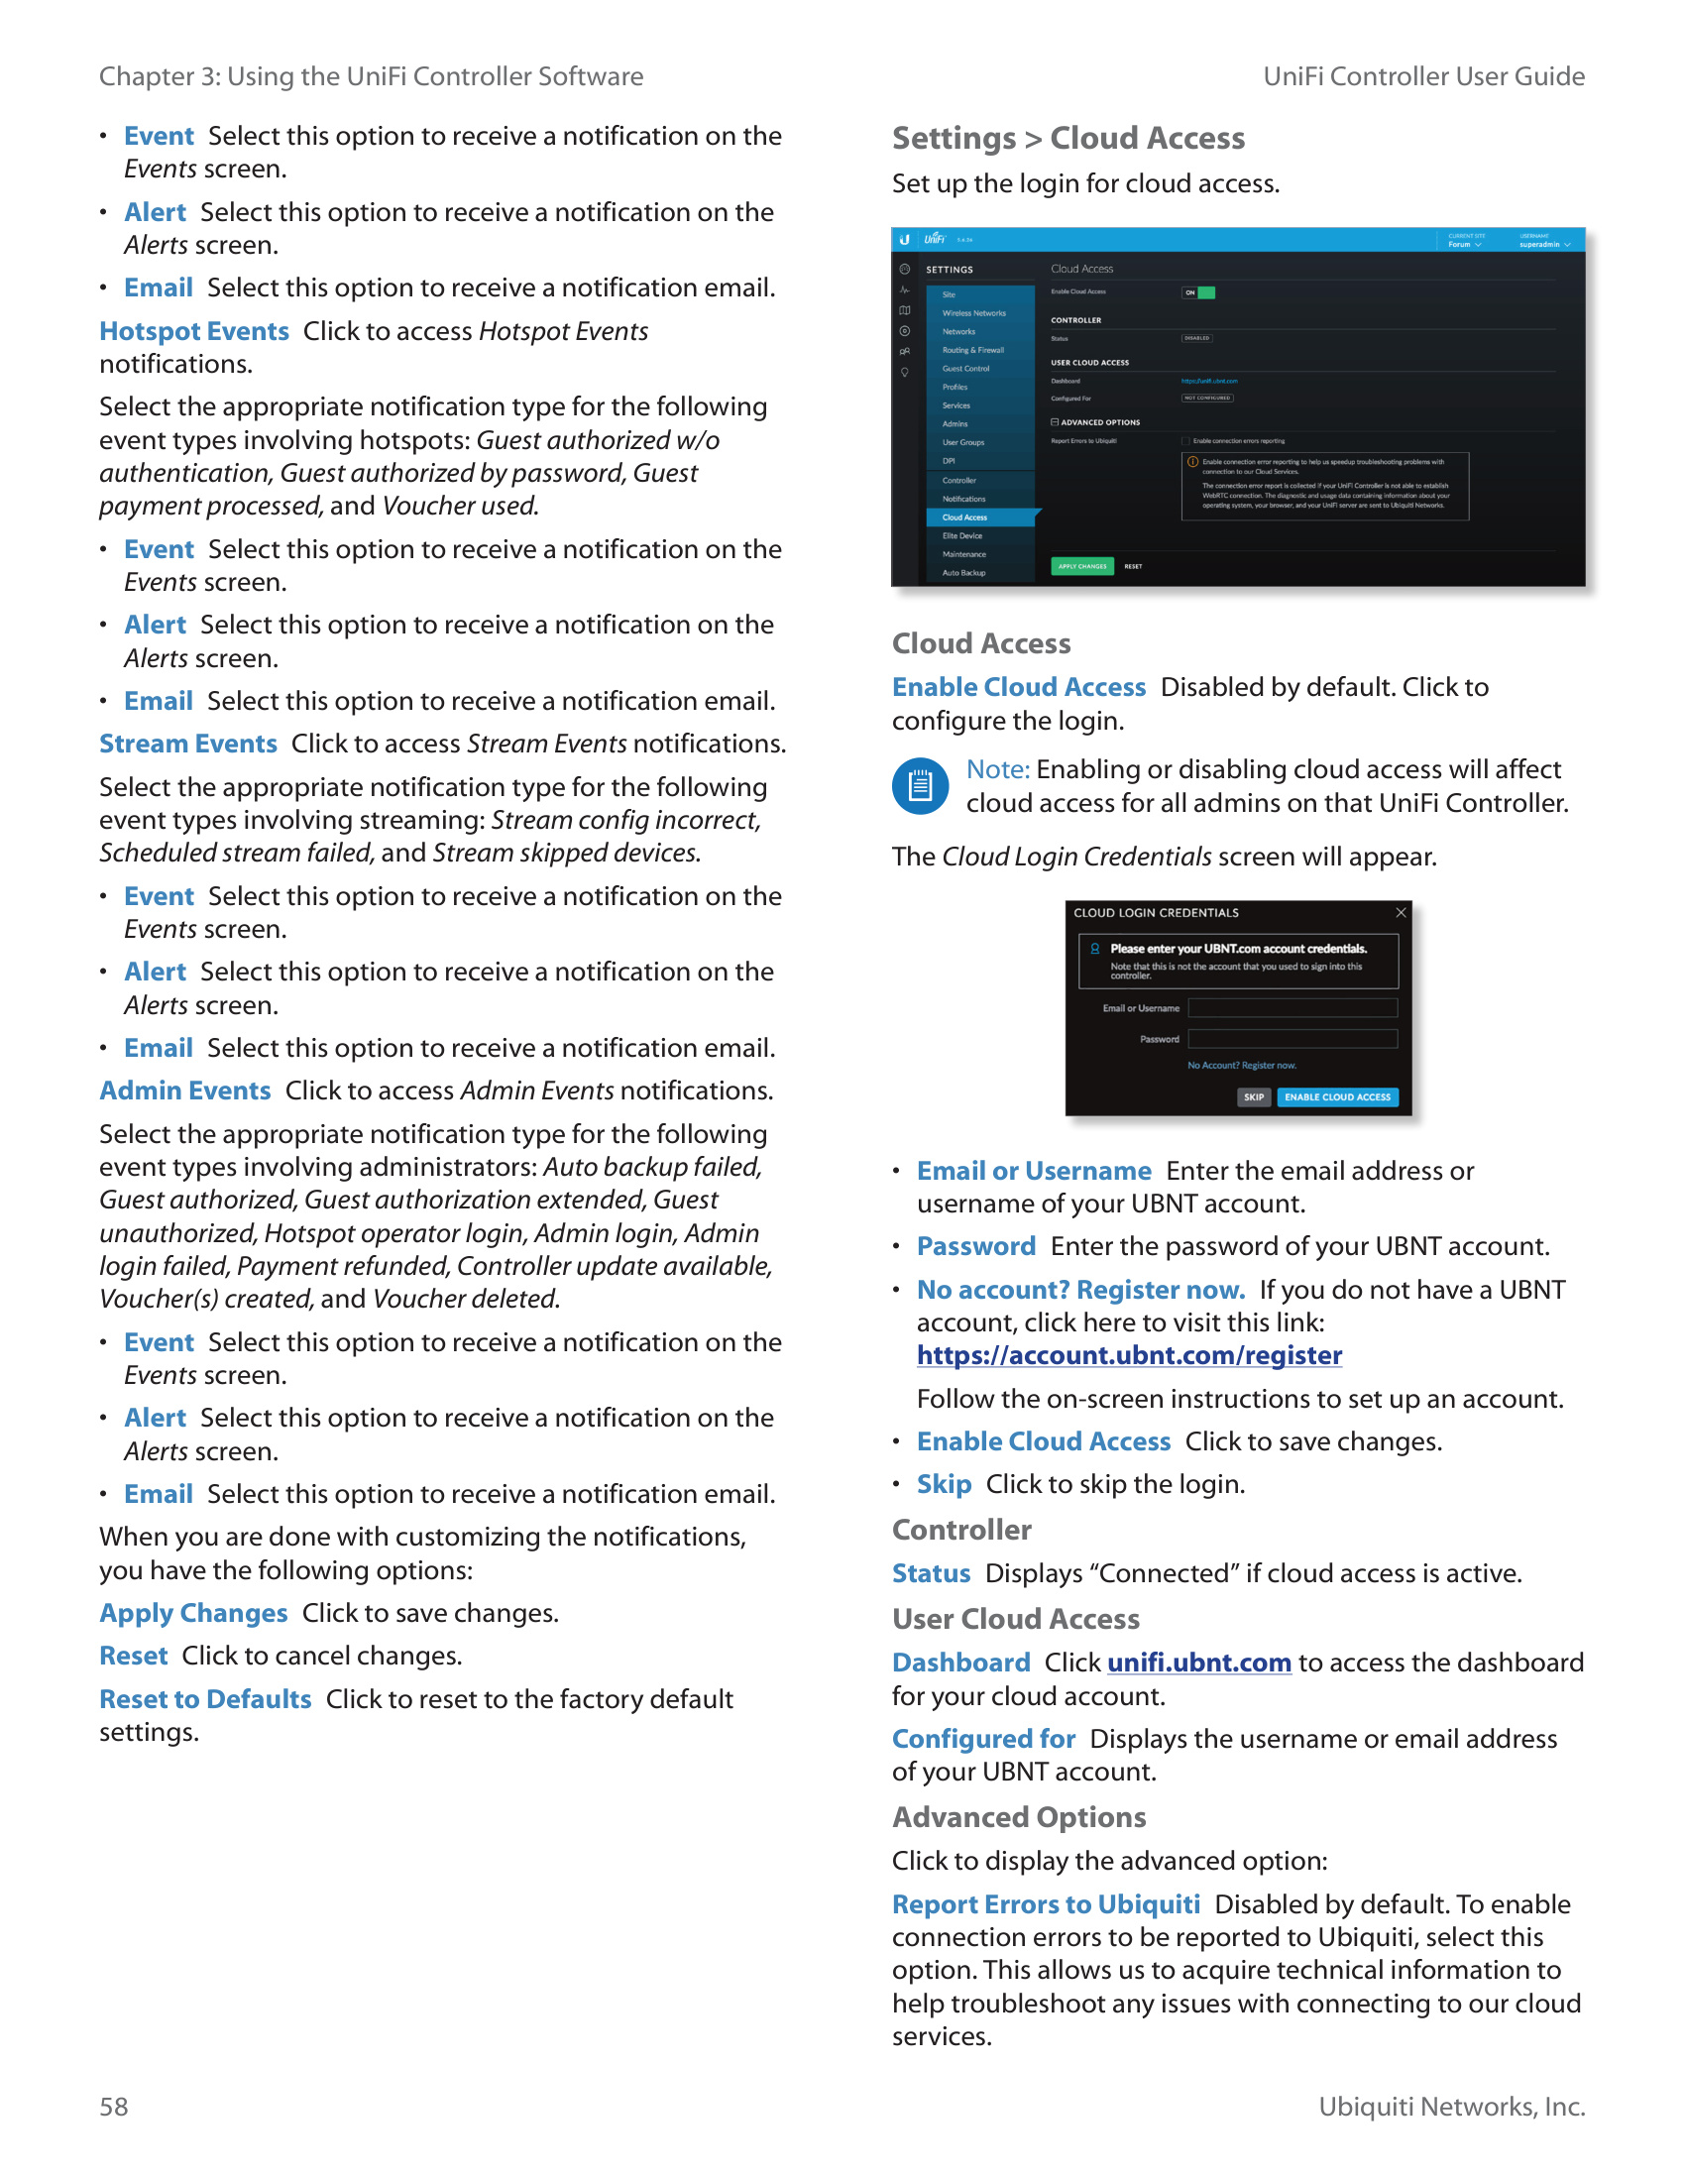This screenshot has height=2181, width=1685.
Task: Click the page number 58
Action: [x=114, y=2106]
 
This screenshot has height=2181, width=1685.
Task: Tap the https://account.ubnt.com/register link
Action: [x=1129, y=1355]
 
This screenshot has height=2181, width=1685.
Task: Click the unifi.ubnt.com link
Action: [x=1199, y=1663]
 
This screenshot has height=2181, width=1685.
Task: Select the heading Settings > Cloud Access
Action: [x=1068, y=138]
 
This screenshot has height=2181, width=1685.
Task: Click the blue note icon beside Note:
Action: [x=920, y=786]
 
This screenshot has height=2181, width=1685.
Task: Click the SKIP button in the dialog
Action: [x=1254, y=1097]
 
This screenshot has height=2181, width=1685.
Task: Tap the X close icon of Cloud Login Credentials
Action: [x=1401, y=913]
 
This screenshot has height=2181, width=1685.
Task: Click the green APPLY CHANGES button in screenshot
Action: [x=1082, y=566]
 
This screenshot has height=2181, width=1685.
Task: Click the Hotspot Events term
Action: [x=193, y=331]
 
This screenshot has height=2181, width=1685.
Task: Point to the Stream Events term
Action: [x=187, y=744]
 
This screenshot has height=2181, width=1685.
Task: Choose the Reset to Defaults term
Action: [x=204, y=1698]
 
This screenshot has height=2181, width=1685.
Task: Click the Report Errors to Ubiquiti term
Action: [x=1045, y=1904]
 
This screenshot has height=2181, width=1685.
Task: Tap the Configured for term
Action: [x=983, y=1739]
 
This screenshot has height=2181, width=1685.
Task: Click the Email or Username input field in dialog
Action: [x=1292, y=1008]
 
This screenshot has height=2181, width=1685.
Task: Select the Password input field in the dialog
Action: [x=1292, y=1040]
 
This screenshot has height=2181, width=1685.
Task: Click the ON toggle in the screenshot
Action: [x=1198, y=292]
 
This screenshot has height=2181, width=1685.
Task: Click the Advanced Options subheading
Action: [x=1018, y=1817]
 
